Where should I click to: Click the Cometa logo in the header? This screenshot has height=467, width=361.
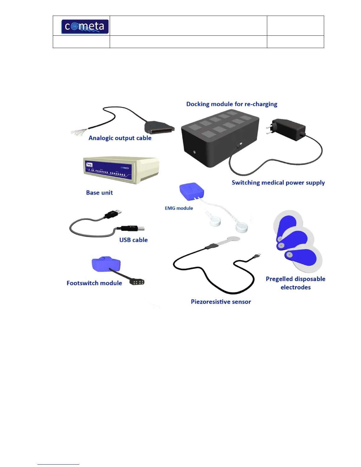tap(85, 27)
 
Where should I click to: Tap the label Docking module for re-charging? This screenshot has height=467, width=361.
tap(232, 104)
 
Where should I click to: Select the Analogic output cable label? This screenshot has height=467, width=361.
tap(120, 138)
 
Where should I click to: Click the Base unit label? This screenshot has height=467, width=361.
tap(99, 193)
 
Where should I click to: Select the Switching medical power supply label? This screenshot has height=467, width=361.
tap(278, 182)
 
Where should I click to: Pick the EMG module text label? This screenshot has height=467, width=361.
tap(179, 208)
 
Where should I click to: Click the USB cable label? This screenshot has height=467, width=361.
tap(133, 240)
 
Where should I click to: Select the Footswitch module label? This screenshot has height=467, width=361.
tap(94, 283)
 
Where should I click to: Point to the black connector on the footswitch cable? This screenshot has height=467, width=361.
tap(137, 282)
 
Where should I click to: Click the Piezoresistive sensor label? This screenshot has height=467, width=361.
tap(221, 302)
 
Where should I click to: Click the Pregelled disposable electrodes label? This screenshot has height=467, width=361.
tap(296, 283)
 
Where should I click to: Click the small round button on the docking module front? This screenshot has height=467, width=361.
tap(194, 152)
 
